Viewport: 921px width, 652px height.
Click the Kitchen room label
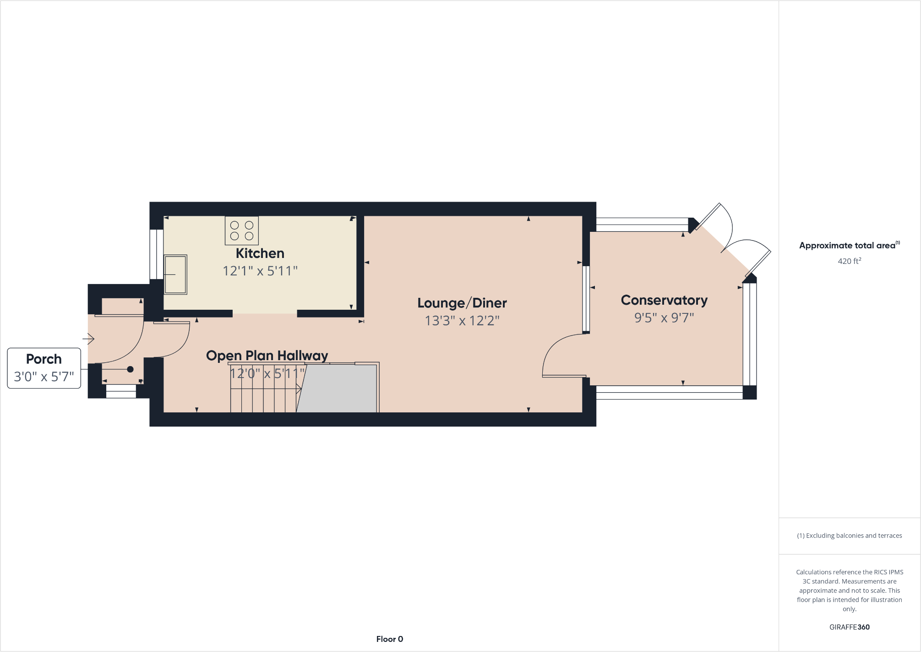pos(260,253)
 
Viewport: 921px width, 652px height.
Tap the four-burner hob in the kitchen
pos(242,230)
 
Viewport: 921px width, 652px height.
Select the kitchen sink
pos(175,274)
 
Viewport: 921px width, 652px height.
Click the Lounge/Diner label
pos(462,303)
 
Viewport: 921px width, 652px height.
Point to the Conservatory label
pos(664,300)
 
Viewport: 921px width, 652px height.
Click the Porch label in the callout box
pos(44,359)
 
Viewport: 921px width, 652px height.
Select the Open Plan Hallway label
pos(267,356)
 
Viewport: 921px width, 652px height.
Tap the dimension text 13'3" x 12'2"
pos(462,321)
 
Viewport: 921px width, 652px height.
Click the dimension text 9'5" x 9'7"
pos(664,318)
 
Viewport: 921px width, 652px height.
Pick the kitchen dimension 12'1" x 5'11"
pos(260,271)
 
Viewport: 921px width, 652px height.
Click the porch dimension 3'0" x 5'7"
pos(44,377)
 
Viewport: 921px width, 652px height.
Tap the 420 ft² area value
pos(849,261)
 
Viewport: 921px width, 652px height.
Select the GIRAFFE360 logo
pos(849,627)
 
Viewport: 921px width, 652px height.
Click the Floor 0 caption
pos(389,639)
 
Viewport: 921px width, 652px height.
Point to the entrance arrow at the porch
pos(88,339)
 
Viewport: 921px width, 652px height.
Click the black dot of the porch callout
pos(130,369)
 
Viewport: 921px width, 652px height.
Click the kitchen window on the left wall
pos(157,254)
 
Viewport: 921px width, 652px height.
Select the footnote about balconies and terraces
pos(849,536)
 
